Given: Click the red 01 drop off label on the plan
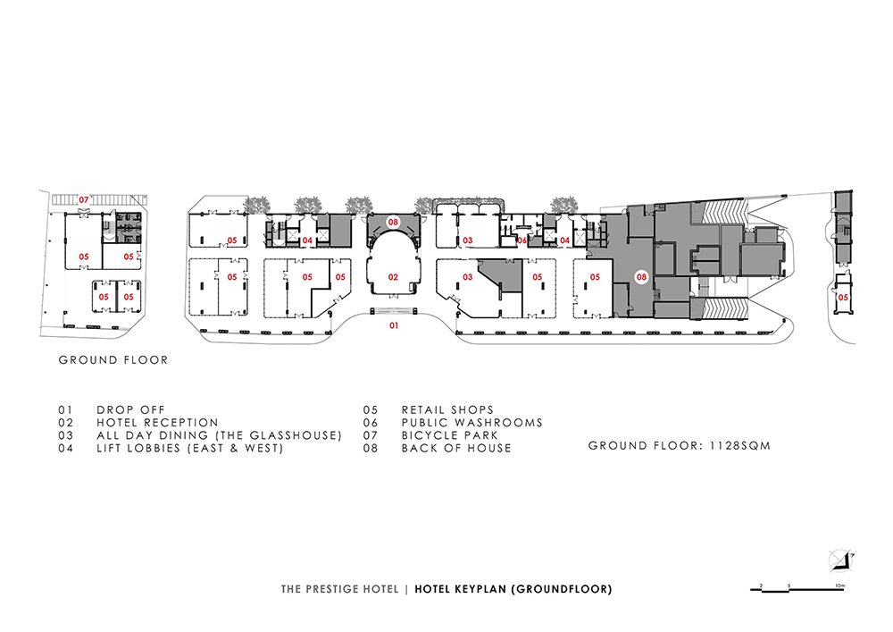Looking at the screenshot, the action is click(x=394, y=325).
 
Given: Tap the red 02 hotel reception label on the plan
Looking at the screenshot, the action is click(x=393, y=277).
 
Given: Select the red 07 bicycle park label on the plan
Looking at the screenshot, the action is click(x=84, y=200).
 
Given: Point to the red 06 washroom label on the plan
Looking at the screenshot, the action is click(x=522, y=240).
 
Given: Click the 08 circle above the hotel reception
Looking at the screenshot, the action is click(x=393, y=222).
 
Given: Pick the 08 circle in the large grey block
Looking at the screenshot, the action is click(x=642, y=277).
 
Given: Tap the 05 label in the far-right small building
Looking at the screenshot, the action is click(x=843, y=297).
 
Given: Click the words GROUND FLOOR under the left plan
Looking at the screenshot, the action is click(x=113, y=360).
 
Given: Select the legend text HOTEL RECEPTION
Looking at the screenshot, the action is click(x=157, y=423).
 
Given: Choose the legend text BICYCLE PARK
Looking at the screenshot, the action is click(x=449, y=435).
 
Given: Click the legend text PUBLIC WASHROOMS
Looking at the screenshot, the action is click(x=472, y=423).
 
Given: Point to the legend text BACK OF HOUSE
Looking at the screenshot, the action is click(x=456, y=449).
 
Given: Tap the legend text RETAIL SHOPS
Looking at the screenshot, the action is click(x=447, y=409).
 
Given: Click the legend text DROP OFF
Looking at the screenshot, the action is click(x=130, y=409).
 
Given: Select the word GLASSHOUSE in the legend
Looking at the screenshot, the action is click(x=296, y=435).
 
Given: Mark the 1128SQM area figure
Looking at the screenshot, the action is click(x=739, y=446).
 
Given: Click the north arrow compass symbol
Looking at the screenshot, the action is click(x=842, y=560).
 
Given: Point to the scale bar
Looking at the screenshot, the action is click(x=797, y=589).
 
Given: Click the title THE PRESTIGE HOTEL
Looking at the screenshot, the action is click(x=339, y=589).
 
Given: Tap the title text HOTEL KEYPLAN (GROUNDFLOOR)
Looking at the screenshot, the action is click(x=513, y=589).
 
